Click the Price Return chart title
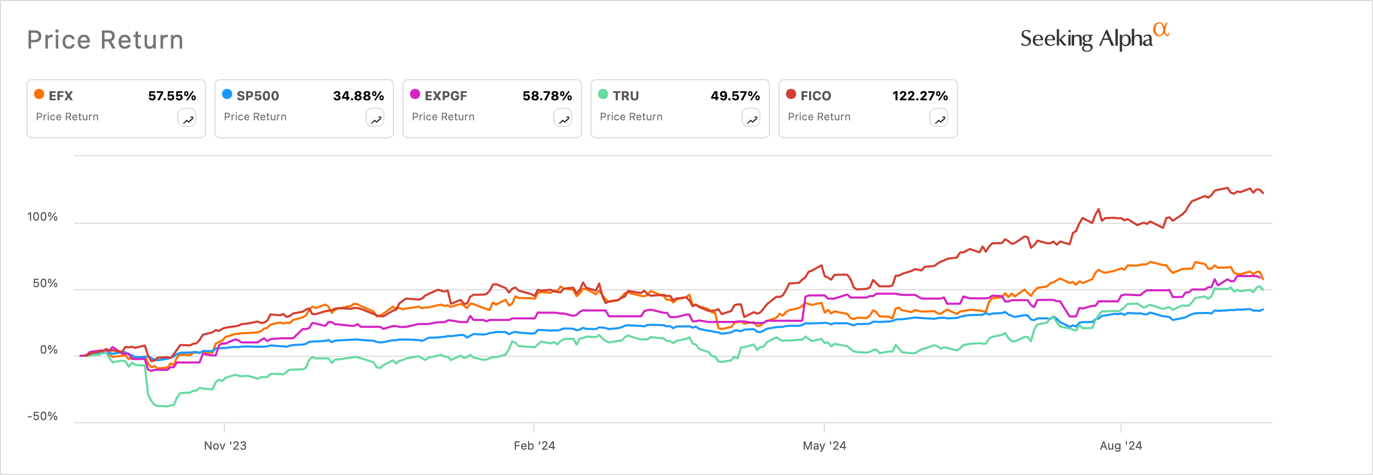(105, 40)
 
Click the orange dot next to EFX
(39, 94)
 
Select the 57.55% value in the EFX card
(172, 96)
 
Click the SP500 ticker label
(258, 96)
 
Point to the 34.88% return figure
(358, 96)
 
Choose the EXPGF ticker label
(446, 96)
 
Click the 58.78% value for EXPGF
(547, 96)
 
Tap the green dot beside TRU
(603, 94)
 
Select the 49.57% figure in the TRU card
(735, 96)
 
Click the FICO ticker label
(815, 96)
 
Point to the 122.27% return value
(920, 96)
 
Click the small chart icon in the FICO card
(938, 118)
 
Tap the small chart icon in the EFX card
(187, 118)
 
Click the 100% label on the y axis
(42, 217)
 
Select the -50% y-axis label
(42, 416)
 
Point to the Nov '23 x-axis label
(225, 446)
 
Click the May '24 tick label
(824, 446)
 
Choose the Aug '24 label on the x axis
(1121, 446)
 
